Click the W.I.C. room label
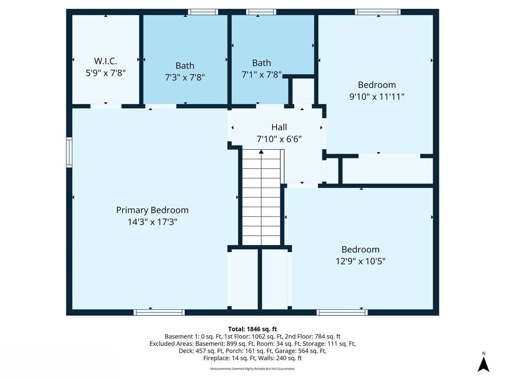pyautogui.click(x=106, y=61)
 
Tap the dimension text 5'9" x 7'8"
pyautogui.click(x=106, y=73)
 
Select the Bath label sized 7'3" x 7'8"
pyautogui.click(x=185, y=66)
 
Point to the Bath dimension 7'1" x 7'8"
pyautogui.click(x=261, y=75)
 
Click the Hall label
pyautogui.click(x=279, y=127)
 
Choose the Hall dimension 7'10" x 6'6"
pyautogui.click(x=279, y=139)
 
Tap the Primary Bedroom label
pyautogui.click(x=152, y=210)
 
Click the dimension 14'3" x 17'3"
pyautogui.click(x=152, y=222)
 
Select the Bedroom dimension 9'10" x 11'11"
pyautogui.click(x=377, y=97)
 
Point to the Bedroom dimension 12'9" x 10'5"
pyautogui.click(x=361, y=261)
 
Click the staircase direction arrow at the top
pyautogui.click(x=261, y=152)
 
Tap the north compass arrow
pyautogui.click(x=483, y=364)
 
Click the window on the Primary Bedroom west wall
pyautogui.click(x=70, y=152)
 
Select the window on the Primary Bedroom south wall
pyautogui.click(x=159, y=312)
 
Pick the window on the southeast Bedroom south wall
pyautogui.click(x=342, y=312)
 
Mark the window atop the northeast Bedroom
pyautogui.click(x=378, y=12)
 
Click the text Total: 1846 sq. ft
pyautogui.click(x=252, y=329)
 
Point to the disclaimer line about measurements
pyautogui.click(x=252, y=369)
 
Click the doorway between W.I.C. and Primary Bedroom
pyautogui.click(x=106, y=106)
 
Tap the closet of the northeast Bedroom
pyautogui.click(x=387, y=171)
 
